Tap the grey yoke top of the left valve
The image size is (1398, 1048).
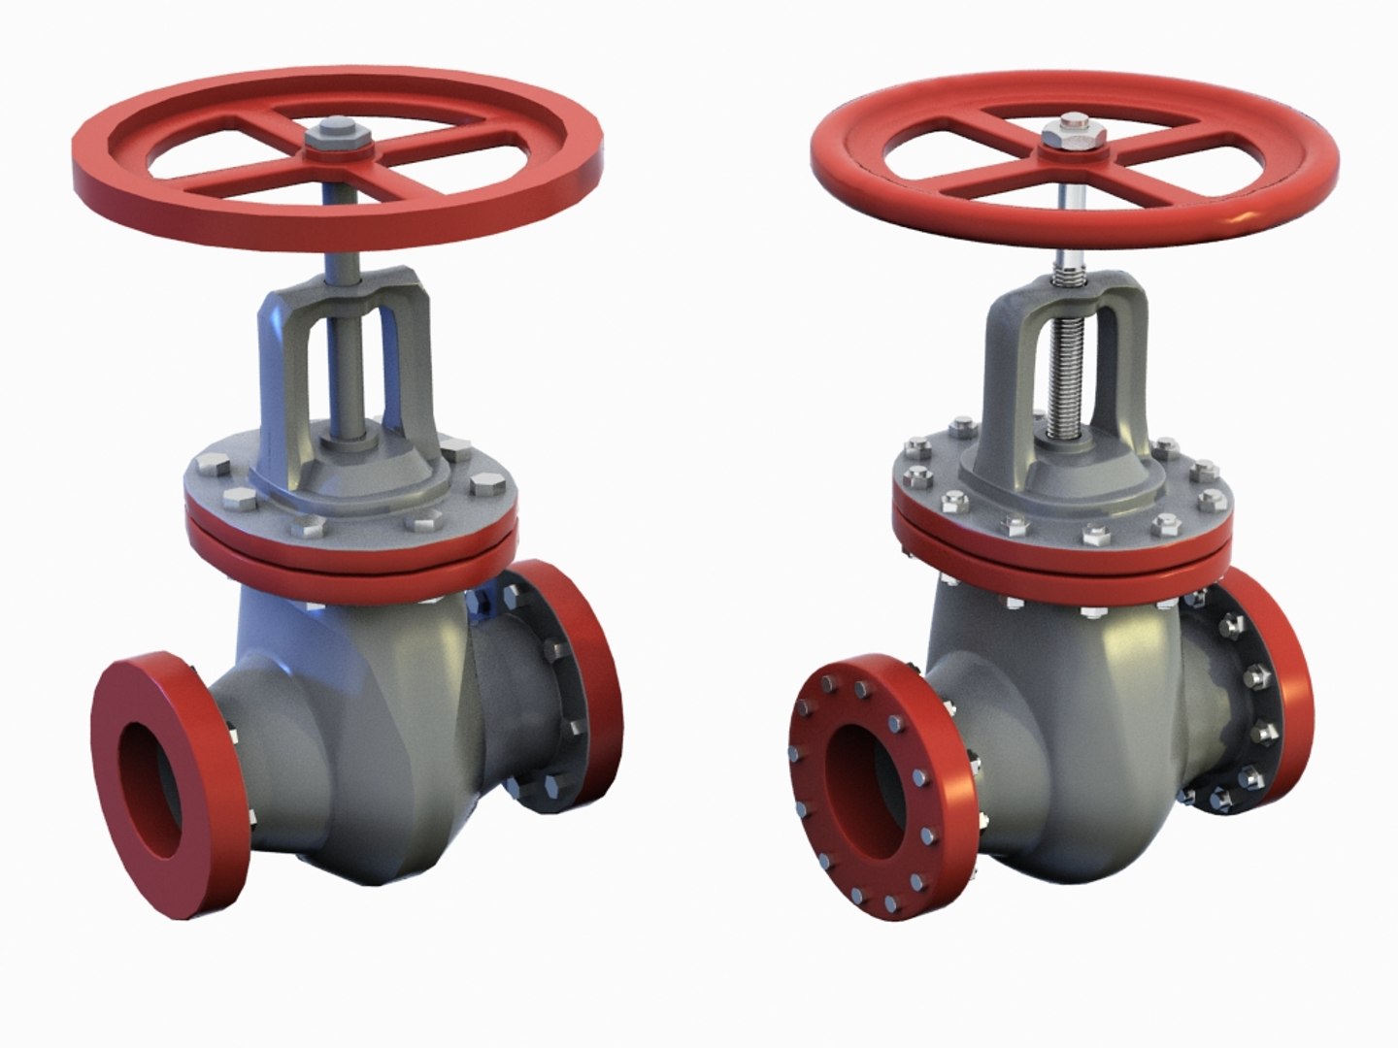[x=347, y=286]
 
